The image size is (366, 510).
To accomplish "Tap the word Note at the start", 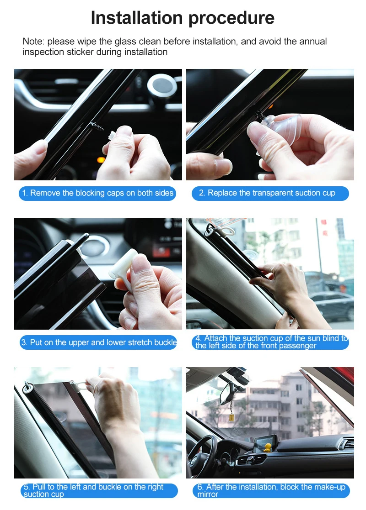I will tap(32, 42).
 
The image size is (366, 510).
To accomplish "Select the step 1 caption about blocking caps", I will tap(97, 193).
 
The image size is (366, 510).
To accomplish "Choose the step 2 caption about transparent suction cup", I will tap(270, 193).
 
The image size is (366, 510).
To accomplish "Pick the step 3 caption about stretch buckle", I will tap(98, 342).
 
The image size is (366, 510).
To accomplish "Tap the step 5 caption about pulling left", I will tap(98, 490).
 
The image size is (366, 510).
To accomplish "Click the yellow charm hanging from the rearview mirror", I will tap(231, 417).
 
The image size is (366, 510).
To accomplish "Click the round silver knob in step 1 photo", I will tap(161, 85).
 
